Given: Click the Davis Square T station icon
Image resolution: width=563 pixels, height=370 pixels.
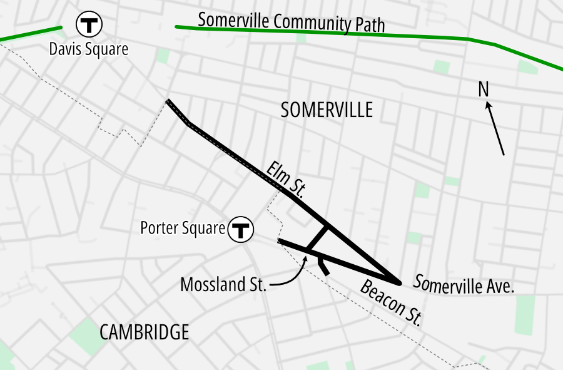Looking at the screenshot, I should coord(89,25).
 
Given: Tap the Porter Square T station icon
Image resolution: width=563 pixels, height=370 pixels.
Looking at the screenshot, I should coord(240,229).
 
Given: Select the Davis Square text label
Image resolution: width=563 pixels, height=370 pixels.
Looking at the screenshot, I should coord(89,49).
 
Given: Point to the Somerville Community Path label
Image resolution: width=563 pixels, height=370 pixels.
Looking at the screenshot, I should coord(291,22).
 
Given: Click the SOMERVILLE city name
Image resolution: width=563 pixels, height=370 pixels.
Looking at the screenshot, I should coord(327,110).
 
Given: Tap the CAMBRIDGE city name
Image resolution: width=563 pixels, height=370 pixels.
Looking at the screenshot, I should coord(144,332).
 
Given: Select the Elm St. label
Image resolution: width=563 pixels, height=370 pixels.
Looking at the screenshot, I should coord(285,179).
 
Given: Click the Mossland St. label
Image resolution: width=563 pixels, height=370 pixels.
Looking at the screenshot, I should coord(223,285).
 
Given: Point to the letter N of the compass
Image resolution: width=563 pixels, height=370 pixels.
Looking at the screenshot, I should coord(483,90).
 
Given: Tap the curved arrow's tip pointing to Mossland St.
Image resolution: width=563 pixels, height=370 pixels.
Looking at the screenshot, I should coord(306,257).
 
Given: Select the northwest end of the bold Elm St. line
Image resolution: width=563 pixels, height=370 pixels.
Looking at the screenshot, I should coord(168,101).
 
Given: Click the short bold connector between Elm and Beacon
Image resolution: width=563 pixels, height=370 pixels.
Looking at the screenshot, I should coord(317,238).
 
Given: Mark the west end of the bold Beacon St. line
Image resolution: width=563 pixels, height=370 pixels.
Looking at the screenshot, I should coord(279,240).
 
